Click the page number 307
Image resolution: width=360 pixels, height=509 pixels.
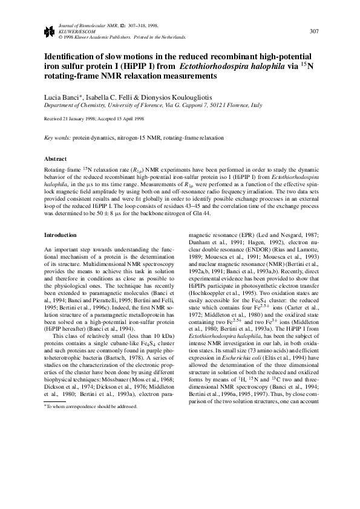[314, 31]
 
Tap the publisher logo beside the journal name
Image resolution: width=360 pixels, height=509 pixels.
[48, 31]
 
